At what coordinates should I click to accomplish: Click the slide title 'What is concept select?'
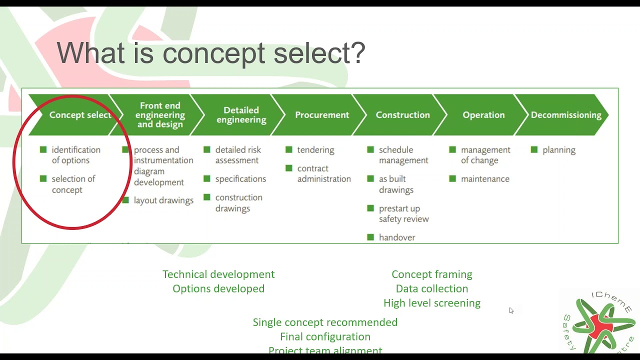(211, 53)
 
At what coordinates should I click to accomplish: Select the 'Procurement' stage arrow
(322, 115)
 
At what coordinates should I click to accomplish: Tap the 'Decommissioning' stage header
(565, 115)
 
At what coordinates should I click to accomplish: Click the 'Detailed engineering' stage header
(241, 115)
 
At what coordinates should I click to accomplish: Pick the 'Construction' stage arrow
(402, 115)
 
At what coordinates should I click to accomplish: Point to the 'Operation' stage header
(483, 115)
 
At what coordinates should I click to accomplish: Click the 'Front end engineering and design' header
(160, 115)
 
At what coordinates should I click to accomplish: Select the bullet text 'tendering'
(315, 150)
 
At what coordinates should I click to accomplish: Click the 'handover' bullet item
(397, 237)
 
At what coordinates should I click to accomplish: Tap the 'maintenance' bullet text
(485, 179)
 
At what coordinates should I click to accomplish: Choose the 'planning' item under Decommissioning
(558, 150)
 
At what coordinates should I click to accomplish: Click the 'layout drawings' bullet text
(163, 200)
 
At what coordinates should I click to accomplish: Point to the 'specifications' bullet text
(240, 179)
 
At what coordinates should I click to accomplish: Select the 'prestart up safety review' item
(403, 213)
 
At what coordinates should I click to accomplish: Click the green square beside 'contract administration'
(289, 168)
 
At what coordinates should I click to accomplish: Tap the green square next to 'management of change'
(452, 149)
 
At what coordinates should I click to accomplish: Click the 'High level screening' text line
(431, 303)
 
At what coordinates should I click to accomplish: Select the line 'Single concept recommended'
(325, 322)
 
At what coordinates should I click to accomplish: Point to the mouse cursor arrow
(511, 310)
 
